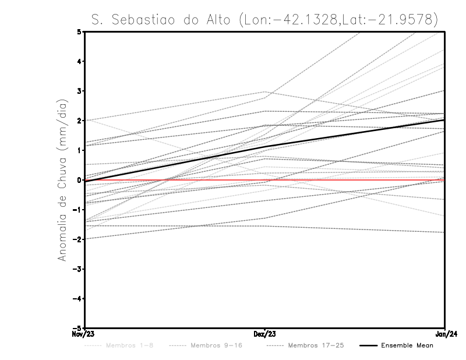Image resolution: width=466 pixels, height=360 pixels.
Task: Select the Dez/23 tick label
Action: tap(265, 334)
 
